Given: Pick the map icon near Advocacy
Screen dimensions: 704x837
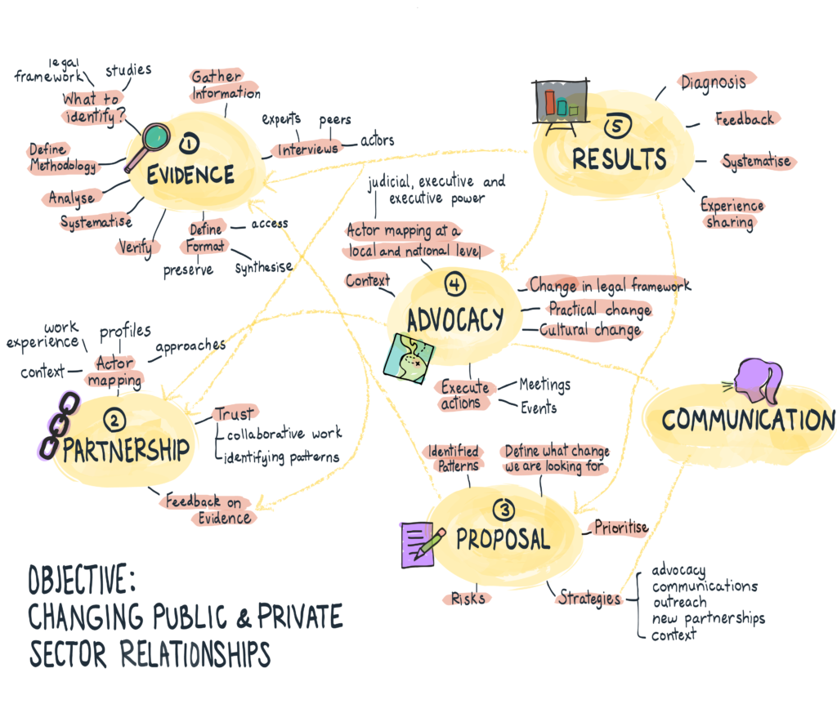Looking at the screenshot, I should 410,358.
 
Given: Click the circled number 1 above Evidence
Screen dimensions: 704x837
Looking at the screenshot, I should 190,145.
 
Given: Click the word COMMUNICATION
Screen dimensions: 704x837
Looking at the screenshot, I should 748,421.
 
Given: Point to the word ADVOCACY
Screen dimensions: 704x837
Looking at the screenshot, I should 454,320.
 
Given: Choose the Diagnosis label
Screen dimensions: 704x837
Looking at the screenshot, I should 712,82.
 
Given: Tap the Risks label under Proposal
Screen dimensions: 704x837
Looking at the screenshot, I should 468,599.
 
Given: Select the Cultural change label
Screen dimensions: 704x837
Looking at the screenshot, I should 590,331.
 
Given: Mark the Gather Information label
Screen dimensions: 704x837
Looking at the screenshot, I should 226,85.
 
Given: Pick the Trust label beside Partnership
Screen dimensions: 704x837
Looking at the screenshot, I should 234,414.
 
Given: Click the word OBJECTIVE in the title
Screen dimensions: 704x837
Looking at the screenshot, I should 78,581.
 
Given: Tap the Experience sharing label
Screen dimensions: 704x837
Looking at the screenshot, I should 731,213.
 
